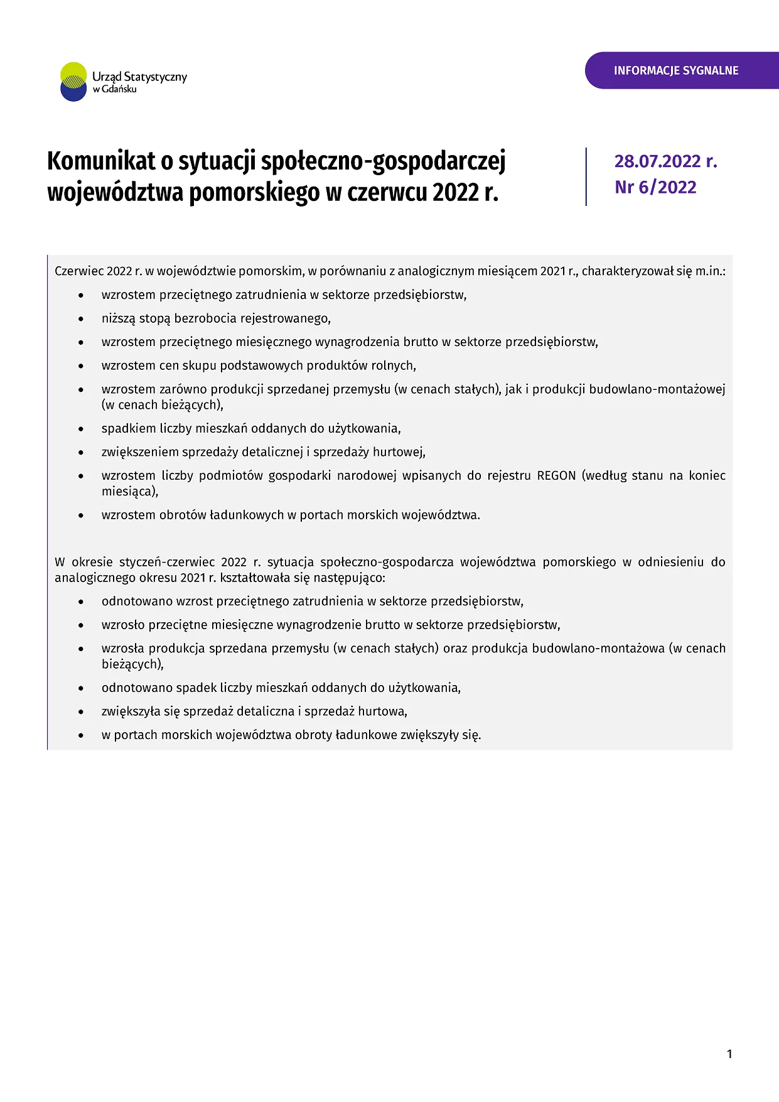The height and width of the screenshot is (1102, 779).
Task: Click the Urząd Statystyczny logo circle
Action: point(73,82)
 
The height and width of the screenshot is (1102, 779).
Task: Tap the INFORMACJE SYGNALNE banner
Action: point(676,70)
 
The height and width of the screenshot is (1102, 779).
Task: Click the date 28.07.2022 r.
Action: point(665,161)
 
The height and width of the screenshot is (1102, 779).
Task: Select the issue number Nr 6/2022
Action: point(655,187)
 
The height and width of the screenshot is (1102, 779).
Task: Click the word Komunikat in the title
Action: point(101,161)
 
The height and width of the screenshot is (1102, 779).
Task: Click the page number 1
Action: point(729,1054)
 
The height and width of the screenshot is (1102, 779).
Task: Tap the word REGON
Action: point(556,475)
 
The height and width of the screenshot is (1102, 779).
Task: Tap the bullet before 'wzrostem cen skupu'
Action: point(81,366)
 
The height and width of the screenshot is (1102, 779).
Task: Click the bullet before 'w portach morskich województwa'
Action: point(81,735)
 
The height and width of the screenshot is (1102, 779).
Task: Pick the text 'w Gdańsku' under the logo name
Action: point(114,89)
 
